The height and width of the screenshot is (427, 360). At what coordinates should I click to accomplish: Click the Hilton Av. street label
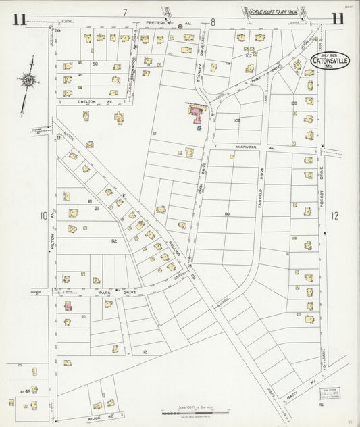pos(52,237)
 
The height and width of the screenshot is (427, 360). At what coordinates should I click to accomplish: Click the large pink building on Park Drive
pos(197,112)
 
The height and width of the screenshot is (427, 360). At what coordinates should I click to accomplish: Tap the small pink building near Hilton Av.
pos(68,306)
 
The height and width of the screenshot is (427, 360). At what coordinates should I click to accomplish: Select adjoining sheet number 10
pos(43,216)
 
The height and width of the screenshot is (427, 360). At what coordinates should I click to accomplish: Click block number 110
pos(226,214)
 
